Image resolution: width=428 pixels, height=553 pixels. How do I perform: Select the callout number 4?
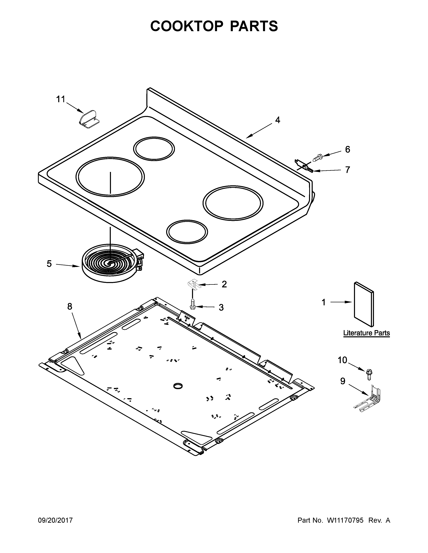[278, 120]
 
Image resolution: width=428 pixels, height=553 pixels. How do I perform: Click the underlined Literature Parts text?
[366, 333]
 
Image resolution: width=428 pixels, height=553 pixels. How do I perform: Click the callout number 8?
[70, 307]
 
